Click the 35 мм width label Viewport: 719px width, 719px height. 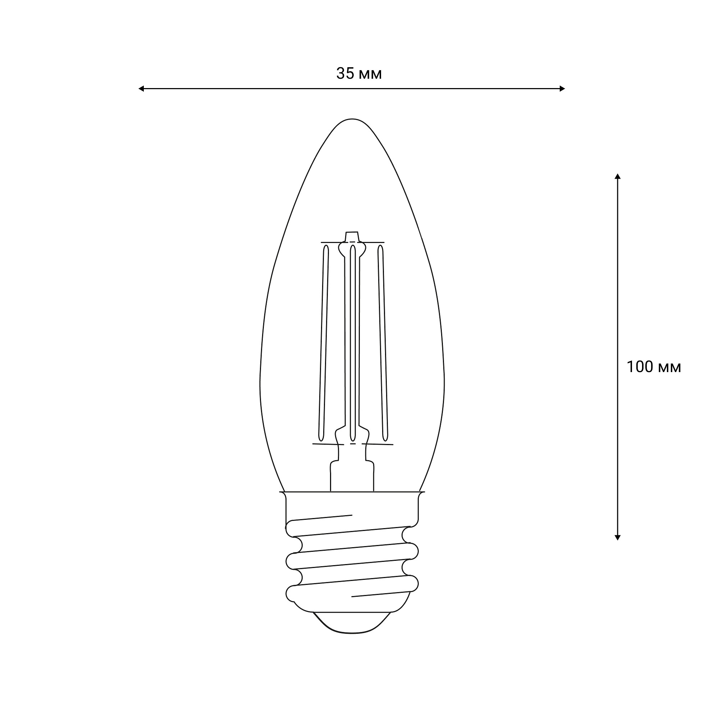coord(359,74)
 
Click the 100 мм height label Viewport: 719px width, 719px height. coord(654,367)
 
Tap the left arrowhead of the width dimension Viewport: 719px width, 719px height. coord(141,88)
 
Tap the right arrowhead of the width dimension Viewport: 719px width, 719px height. coord(562,88)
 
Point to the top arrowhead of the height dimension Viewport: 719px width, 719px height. coord(617,176)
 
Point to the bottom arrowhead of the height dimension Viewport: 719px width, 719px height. coord(617,537)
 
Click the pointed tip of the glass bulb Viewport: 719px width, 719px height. coord(352,119)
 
